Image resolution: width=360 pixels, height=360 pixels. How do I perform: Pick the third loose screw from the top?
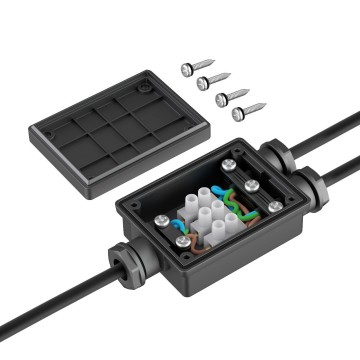pyautogui.click(x=231, y=97)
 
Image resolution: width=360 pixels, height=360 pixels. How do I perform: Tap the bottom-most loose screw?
pyautogui.click(x=246, y=112)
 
